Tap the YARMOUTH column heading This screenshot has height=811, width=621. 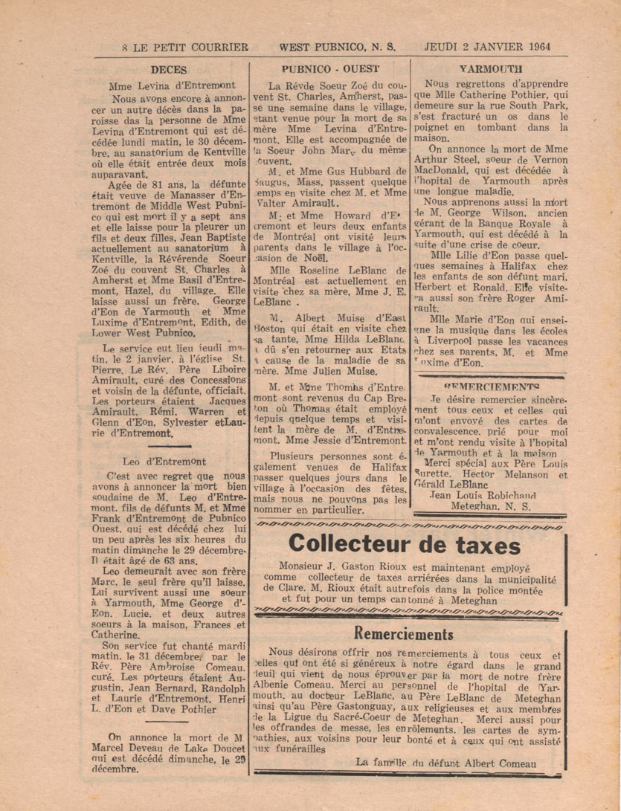click(x=491, y=68)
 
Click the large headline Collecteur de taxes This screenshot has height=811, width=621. click(x=405, y=544)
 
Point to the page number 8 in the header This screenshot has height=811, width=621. click(x=125, y=46)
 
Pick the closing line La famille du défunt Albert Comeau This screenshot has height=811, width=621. click(x=445, y=763)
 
